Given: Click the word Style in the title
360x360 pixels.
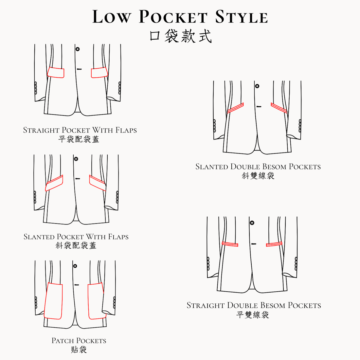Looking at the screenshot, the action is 242,17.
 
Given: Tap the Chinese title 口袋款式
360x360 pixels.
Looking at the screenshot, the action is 180,36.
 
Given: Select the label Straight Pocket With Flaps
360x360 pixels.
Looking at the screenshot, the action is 80,130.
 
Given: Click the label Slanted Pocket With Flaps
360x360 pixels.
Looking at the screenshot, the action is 76,237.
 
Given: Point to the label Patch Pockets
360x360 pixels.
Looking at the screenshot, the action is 79,340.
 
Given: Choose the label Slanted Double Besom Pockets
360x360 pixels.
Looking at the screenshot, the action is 258,167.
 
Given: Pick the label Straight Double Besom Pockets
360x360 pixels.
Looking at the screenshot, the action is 254,305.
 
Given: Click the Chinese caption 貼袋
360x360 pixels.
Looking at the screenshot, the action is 79,350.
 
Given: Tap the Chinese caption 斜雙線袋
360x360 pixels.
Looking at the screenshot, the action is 258,176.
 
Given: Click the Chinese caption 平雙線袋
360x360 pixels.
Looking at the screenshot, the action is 253,315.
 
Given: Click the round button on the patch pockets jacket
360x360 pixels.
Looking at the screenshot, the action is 75,266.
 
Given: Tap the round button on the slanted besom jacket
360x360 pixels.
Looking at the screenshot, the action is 257,86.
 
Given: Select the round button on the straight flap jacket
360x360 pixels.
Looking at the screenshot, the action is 78,49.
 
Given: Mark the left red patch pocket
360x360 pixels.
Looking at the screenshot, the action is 53,301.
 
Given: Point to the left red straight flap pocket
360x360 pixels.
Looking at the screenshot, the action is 56,73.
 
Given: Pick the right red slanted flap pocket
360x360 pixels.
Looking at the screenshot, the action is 98,183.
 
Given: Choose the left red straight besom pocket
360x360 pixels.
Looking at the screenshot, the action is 230,244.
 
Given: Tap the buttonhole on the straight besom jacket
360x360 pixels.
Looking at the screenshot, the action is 254,244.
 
